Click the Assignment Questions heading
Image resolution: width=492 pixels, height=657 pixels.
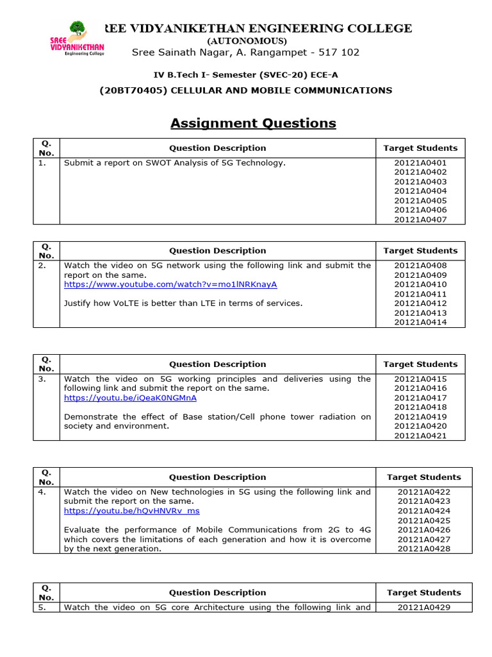tap(253, 123)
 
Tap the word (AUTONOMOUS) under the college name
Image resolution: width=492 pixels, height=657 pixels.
tap(246, 40)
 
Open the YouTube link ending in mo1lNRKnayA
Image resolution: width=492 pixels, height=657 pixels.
tap(170, 284)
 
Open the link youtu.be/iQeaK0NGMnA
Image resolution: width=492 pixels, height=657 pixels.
tap(130, 398)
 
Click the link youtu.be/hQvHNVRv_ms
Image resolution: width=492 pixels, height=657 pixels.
tap(132, 511)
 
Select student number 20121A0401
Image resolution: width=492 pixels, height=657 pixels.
tap(420, 163)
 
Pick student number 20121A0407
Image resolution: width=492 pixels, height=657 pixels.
tap(420, 219)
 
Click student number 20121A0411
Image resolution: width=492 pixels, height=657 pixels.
tap(420, 294)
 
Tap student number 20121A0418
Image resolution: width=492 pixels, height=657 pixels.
tap(420, 407)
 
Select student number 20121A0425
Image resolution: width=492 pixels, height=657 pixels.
tap(423, 520)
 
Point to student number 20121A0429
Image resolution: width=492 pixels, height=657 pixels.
tap(423, 607)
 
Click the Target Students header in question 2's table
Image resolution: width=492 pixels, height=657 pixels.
tap(420, 251)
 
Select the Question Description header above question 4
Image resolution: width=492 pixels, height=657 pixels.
tap(217, 477)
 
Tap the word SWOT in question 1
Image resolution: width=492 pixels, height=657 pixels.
tap(146, 163)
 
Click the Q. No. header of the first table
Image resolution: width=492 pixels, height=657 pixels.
tap(46, 148)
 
